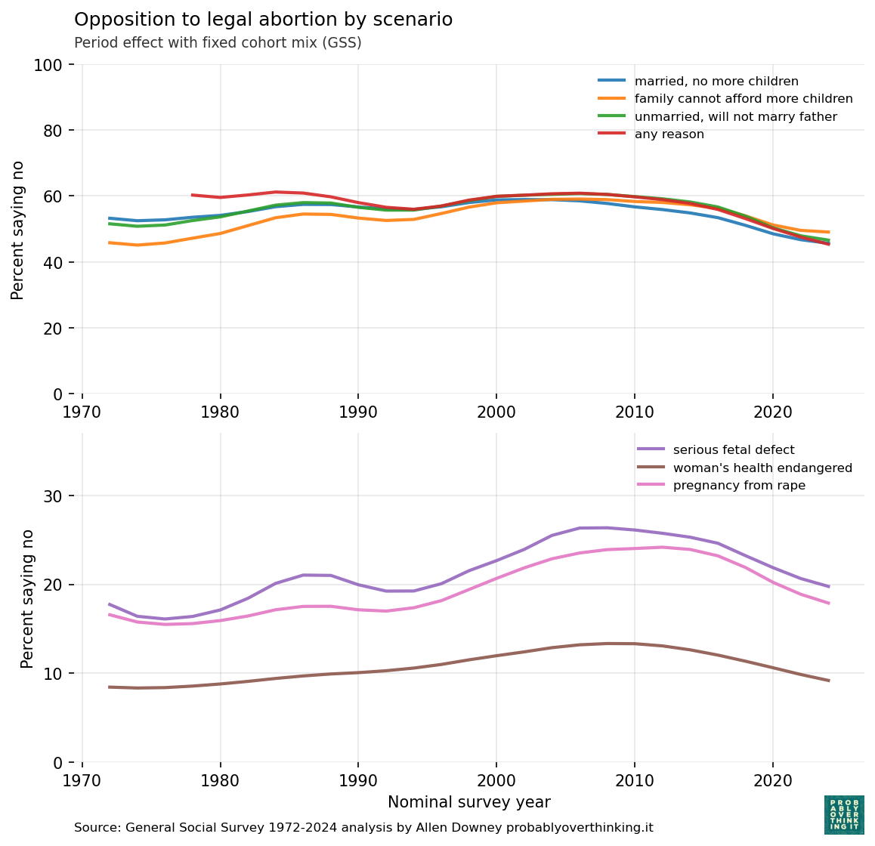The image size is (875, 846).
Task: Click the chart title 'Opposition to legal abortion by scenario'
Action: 263,20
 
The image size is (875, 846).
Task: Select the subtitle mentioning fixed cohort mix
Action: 218,43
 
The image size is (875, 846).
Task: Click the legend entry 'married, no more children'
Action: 716,81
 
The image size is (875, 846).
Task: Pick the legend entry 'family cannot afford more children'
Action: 744,99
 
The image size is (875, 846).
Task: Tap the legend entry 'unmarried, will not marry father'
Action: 735,116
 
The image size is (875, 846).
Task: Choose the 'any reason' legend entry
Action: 669,134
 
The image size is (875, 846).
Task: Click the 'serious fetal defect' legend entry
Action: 734,450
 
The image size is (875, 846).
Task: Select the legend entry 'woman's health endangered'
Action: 762,468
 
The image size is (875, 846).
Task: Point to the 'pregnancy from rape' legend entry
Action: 739,486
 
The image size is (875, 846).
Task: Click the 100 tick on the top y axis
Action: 48,65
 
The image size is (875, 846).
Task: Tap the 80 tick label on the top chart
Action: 52,131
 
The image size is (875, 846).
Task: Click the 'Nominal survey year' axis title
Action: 468,802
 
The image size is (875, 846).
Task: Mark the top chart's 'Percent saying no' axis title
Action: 18,230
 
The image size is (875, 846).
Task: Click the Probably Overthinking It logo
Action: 844,815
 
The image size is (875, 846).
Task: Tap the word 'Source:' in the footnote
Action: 97,828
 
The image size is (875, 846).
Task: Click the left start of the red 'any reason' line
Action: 193,195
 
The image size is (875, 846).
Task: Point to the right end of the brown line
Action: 829,681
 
